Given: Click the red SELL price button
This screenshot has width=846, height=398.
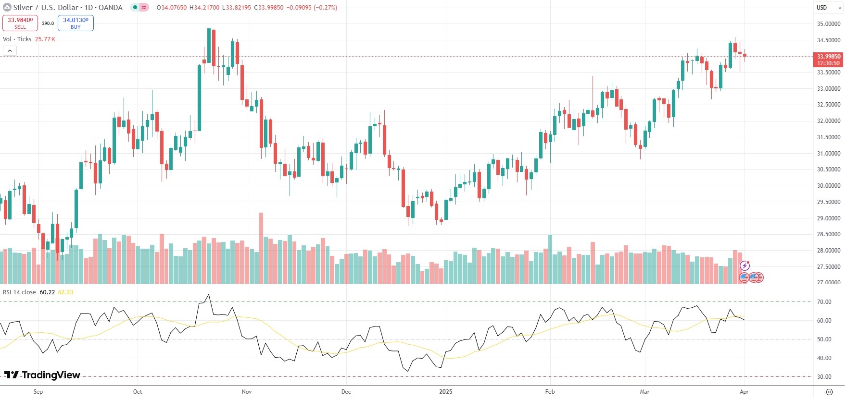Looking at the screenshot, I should pyautogui.click(x=20, y=23).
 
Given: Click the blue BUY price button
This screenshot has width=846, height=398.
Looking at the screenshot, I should pyautogui.click(x=76, y=23).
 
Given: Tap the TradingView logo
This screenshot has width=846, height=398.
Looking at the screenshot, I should pyautogui.click(x=42, y=375).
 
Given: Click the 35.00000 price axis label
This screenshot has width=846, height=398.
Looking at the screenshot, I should pyautogui.click(x=829, y=24).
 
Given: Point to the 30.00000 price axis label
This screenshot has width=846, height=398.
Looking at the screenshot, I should pyautogui.click(x=829, y=186).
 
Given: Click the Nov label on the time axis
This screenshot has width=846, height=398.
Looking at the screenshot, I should pyautogui.click(x=247, y=392).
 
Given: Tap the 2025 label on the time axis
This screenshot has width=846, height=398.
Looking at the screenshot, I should pyautogui.click(x=446, y=392).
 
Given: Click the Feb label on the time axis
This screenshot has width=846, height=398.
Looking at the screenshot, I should pyautogui.click(x=550, y=392).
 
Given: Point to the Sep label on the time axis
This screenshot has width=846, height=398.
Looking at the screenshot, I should pyautogui.click(x=38, y=392).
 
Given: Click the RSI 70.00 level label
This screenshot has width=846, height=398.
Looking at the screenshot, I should pyautogui.click(x=824, y=302).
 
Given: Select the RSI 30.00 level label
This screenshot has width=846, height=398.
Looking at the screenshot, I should pyautogui.click(x=824, y=377).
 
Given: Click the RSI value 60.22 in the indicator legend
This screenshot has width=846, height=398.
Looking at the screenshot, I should pyautogui.click(x=47, y=292).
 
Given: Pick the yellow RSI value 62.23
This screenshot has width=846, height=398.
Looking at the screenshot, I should pyautogui.click(x=65, y=292).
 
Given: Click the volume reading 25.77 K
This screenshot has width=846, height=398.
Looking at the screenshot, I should pyautogui.click(x=45, y=39).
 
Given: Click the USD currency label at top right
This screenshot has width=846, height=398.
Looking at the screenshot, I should pyautogui.click(x=821, y=7).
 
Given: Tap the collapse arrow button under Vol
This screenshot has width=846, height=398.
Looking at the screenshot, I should pyautogui.click(x=10, y=50).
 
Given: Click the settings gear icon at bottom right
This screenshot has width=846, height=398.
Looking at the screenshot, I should pyautogui.click(x=829, y=392).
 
